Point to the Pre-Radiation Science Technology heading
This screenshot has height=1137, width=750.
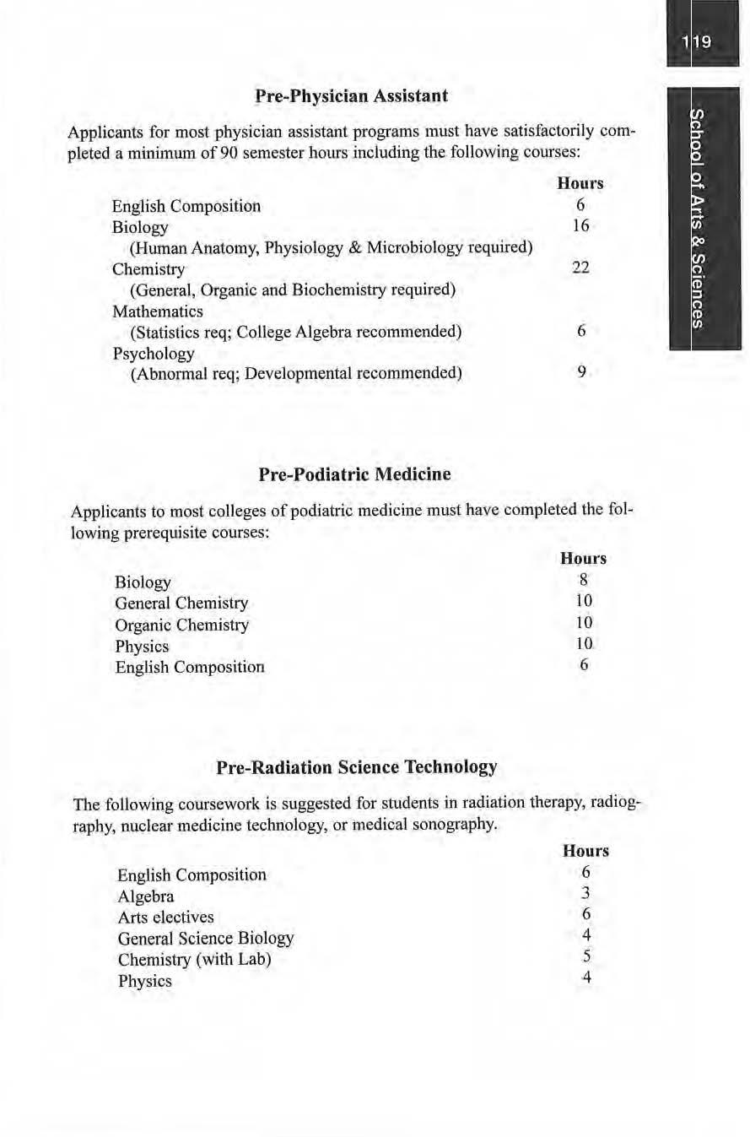point(357,767)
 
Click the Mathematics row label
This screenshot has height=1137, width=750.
point(158,311)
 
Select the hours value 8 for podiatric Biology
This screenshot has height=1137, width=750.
point(583,580)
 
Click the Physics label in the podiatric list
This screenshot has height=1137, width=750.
point(142,646)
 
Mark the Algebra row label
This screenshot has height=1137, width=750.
point(146,896)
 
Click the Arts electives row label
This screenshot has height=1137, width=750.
point(166,917)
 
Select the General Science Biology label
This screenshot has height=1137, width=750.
point(206,938)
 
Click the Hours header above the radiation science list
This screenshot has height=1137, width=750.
point(585,851)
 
